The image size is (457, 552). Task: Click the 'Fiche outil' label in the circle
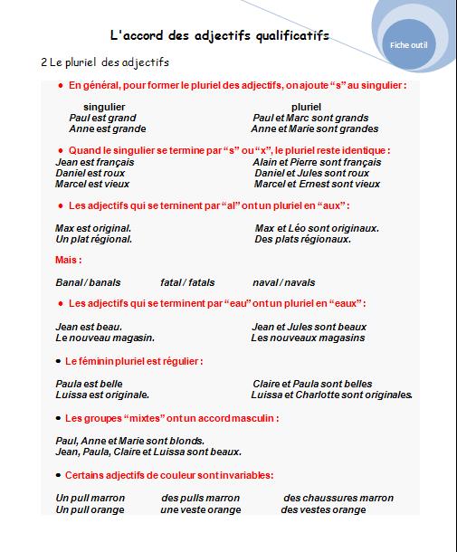click(x=410, y=43)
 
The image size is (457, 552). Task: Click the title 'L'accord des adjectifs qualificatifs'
click(x=219, y=37)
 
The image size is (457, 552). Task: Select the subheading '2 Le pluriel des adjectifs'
click(x=105, y=62)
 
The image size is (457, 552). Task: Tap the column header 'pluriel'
click(x=293, y=107)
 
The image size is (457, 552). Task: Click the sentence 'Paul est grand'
click(x=102, y=118)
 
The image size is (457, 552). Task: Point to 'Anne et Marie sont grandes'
click(x=315, y=128)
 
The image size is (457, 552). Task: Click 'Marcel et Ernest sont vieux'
click(x=317, y=184)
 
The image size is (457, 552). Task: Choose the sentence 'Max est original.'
click(x=93, y=228)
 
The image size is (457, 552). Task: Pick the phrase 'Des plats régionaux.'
click(x=302, y=239)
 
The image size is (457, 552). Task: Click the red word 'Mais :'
click(x=68, y=261)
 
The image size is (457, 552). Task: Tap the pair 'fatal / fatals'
click(x=187, y=282)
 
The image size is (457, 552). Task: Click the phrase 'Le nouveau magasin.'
click(x=105, y=338)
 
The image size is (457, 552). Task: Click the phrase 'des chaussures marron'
click(x=338, y=498)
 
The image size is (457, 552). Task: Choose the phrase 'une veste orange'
click(x=200, y=509)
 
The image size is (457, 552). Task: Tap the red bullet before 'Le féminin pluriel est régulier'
click(x=59, y=361)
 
